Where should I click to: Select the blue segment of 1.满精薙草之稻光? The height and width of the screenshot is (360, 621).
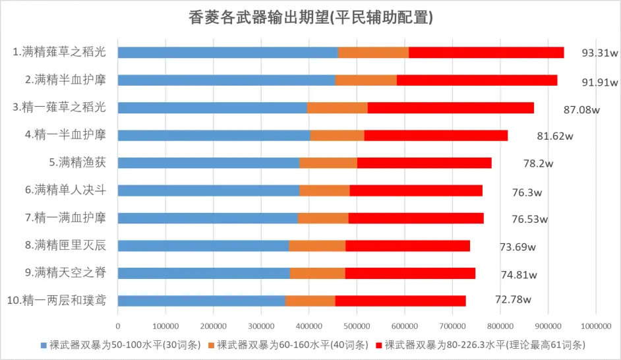[x=227, y=53]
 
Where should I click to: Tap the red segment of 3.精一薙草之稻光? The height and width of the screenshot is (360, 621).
[x=450, y=107]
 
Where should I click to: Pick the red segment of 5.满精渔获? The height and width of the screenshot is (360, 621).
[x=424, y=163]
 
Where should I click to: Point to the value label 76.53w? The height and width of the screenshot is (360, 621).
[x=530, y=219]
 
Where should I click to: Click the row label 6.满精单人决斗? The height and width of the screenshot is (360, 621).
[x=66, y=190]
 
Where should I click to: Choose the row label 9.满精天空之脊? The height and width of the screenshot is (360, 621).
[x=66, y=272]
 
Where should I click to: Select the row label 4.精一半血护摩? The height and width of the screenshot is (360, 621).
[x=66, y=135]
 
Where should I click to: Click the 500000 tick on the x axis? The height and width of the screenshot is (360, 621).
[x=357, y=326]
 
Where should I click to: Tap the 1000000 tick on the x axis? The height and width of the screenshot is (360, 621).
[x=595, y=326]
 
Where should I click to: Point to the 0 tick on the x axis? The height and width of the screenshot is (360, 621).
[x=118, y=326]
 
